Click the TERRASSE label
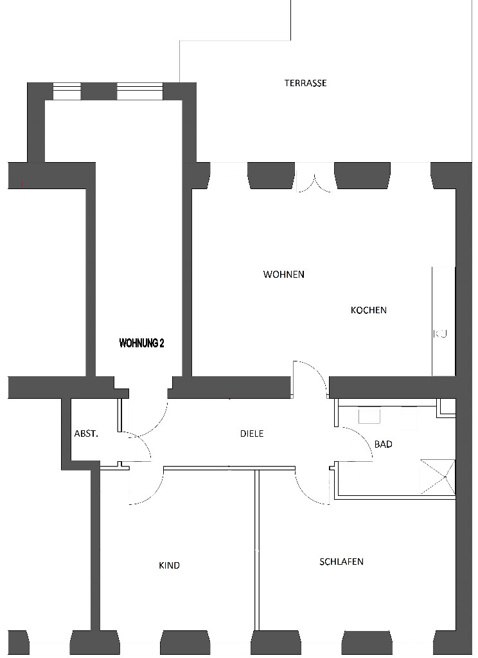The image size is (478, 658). pyautogui.click(x=305, y=83)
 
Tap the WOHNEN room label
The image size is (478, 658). pyautogui.click(x=283, y=275)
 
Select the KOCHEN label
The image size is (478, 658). pyautogui.click(x=369, y=310)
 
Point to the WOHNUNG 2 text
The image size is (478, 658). pyautogui.click(x=141, y=343)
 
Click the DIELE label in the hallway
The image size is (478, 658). pyautogui.click(x=252, y=434)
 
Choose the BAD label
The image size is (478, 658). pyautogui.click(x=384, y=444)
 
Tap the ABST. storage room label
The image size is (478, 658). pyautogui.click(x=86, y=434)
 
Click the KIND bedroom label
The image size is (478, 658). pyautogui.click(x=170, y=565)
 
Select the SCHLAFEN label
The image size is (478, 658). pyautogui.click(x=341, y=562)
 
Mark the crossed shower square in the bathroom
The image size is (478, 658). pyautogui.click(x=438, y=477)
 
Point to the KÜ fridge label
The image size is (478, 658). pyautogui.click(x=440, y=334)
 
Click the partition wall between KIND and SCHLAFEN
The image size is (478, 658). pyautogui.click(x=256, y=550)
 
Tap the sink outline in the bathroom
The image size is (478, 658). pyautogui.click(x=369, y=417)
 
